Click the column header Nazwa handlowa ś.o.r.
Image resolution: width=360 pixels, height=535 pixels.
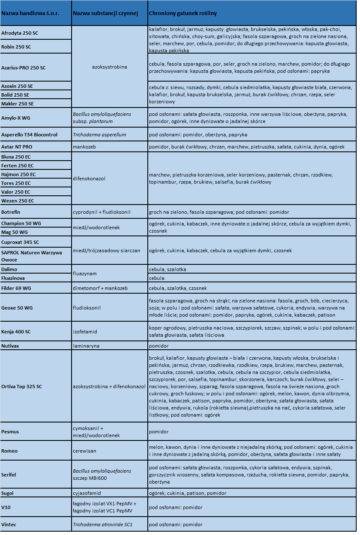tap(30, 13)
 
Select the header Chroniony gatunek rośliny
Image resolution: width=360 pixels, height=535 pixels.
tap(183, 13)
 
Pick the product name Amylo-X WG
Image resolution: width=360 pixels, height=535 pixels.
tap(16, 118)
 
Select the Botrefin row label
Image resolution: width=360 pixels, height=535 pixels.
tap(11, 212)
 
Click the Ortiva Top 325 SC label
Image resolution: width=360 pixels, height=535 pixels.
tap(22, 387)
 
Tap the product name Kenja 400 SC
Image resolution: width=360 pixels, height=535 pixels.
tap(16, 332)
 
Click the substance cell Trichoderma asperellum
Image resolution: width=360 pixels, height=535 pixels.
tap(99, 135)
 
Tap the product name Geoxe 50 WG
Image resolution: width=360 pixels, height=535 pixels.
tap(17, 308)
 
